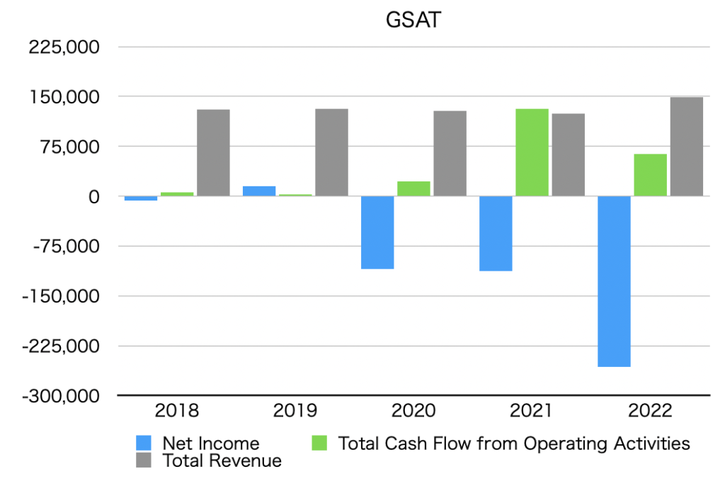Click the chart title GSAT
tap(413, 20)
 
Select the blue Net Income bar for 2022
tap(614, 281)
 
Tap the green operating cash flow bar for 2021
tap(532, 152)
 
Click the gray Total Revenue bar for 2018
tap(213, 153)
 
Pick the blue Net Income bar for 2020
tap(377, 232)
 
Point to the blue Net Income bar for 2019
tap(259, 191)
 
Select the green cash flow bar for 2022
tap(650, 175)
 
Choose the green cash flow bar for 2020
tap(413, 189)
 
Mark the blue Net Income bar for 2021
tap(496, 234)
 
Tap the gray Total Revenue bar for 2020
tap(450, 154)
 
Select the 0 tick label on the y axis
tap(93, 197)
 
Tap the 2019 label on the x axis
tap(295, 411)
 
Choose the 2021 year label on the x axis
tap(532, 411)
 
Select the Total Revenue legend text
tap(222, 461)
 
